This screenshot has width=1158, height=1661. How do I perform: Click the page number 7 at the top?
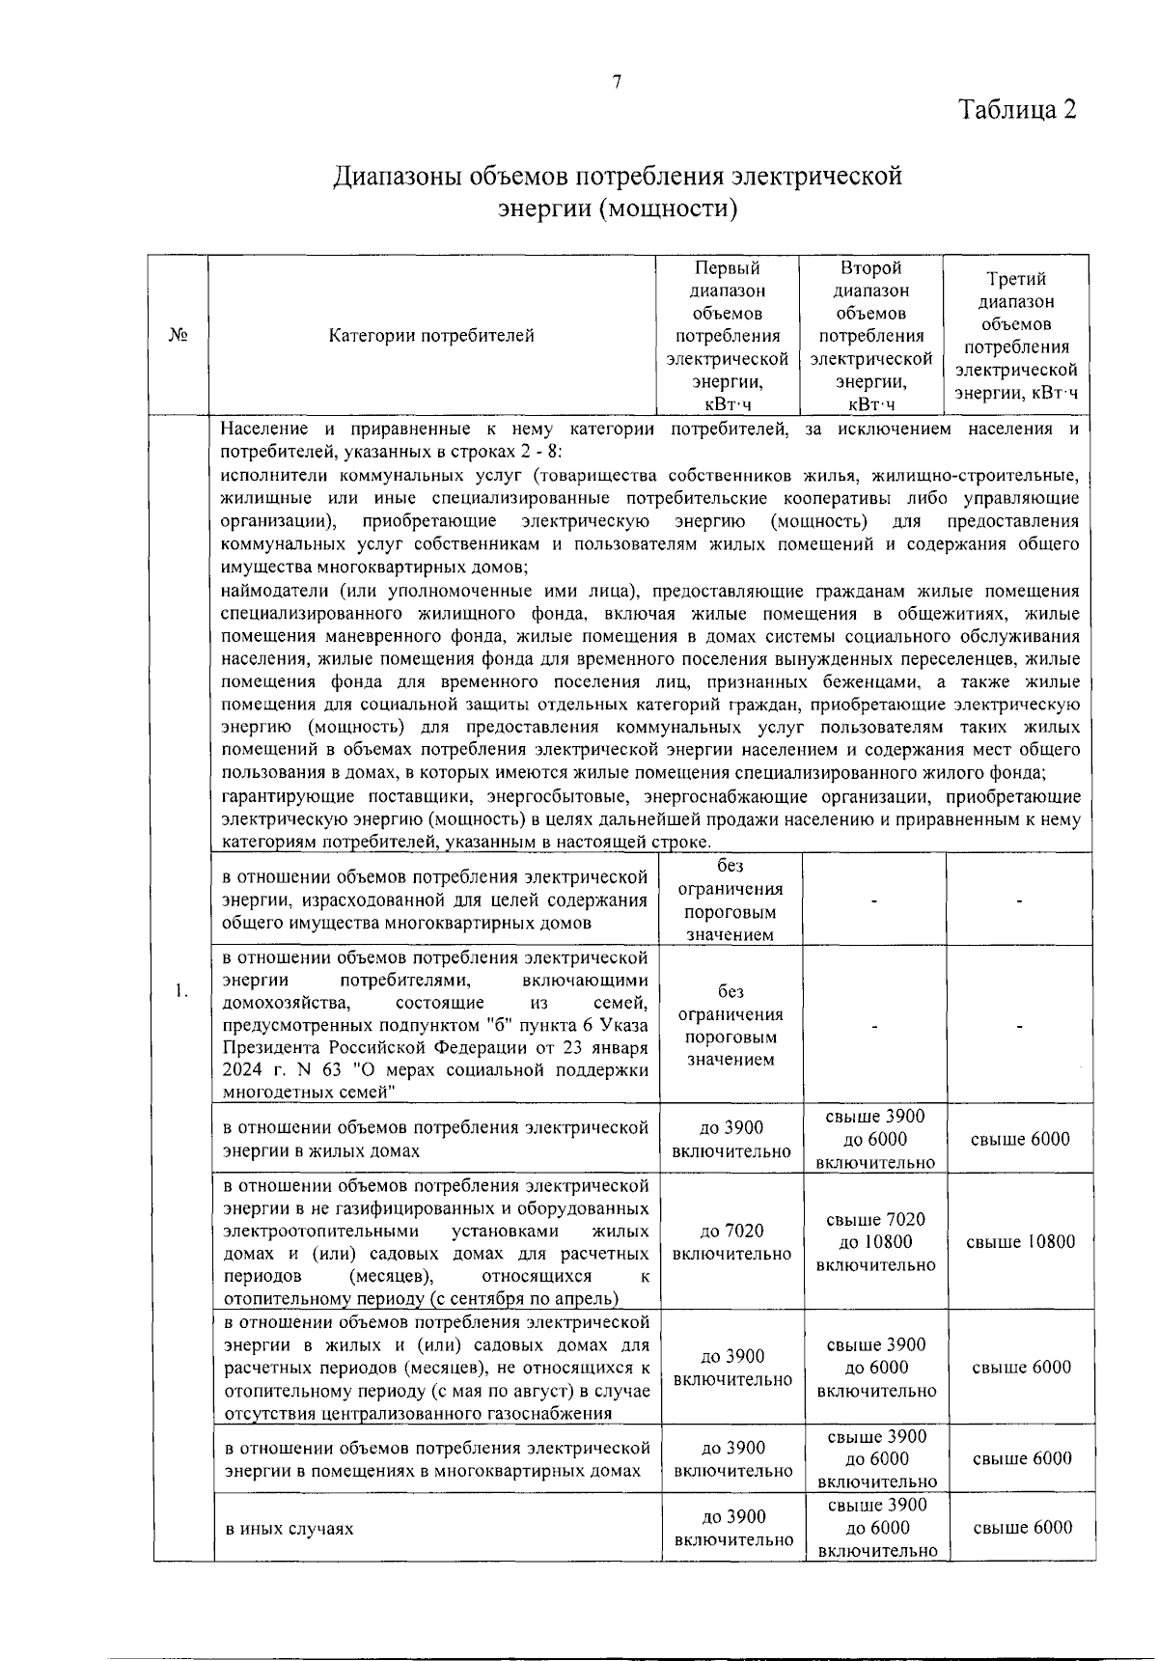point(617,83)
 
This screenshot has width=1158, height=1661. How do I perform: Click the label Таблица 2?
point(1016,109)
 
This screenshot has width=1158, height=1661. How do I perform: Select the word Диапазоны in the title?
point(397,177)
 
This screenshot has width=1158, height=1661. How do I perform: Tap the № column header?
point(178,335)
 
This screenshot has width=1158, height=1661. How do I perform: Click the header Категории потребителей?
point(431,336)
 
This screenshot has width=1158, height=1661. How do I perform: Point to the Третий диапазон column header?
point(1016,336)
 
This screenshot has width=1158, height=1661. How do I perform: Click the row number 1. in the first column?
point(180,990)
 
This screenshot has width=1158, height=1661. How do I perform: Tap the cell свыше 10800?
point(1020,1242)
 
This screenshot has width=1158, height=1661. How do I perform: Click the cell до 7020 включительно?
point(731,1242)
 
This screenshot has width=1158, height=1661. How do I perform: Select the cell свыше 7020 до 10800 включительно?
point(875,1242)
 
